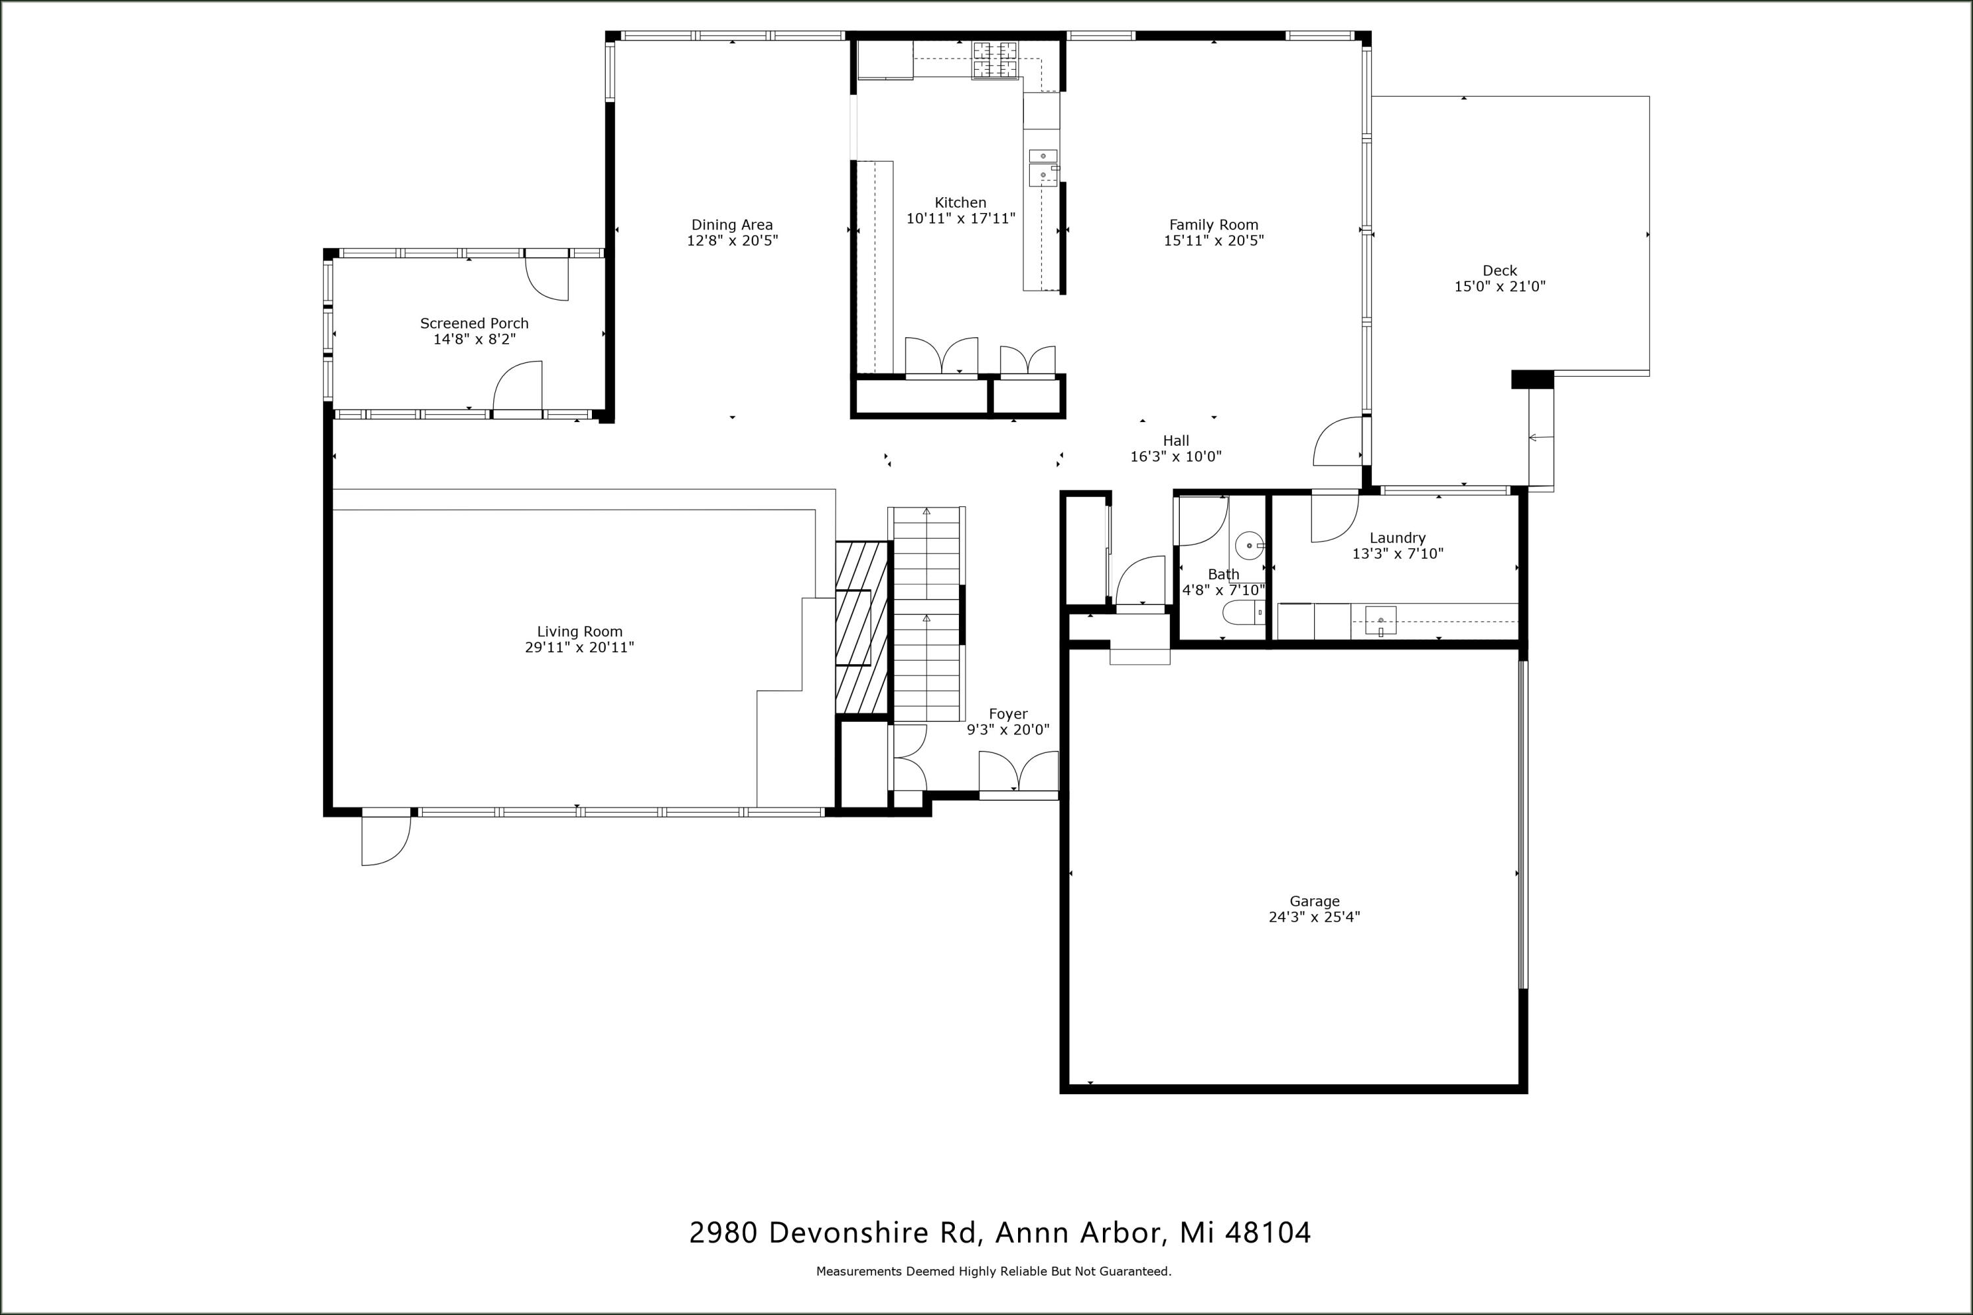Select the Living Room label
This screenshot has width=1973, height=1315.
pos(579,631)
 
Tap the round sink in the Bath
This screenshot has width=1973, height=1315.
pos(1249,546)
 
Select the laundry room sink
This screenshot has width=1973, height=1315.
pos(1380,621)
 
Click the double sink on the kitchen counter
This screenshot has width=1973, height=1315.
pos(1042,166)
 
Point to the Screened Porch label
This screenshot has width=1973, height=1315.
pos(474,323)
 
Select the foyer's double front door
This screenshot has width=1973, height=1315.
pos(1017,773)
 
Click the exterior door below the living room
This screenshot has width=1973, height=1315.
pos(385,839)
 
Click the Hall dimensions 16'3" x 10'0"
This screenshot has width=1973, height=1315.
pos(1175,457)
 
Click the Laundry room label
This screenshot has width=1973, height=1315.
pos(1397,538)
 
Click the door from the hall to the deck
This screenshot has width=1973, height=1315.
pos(1338,442)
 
